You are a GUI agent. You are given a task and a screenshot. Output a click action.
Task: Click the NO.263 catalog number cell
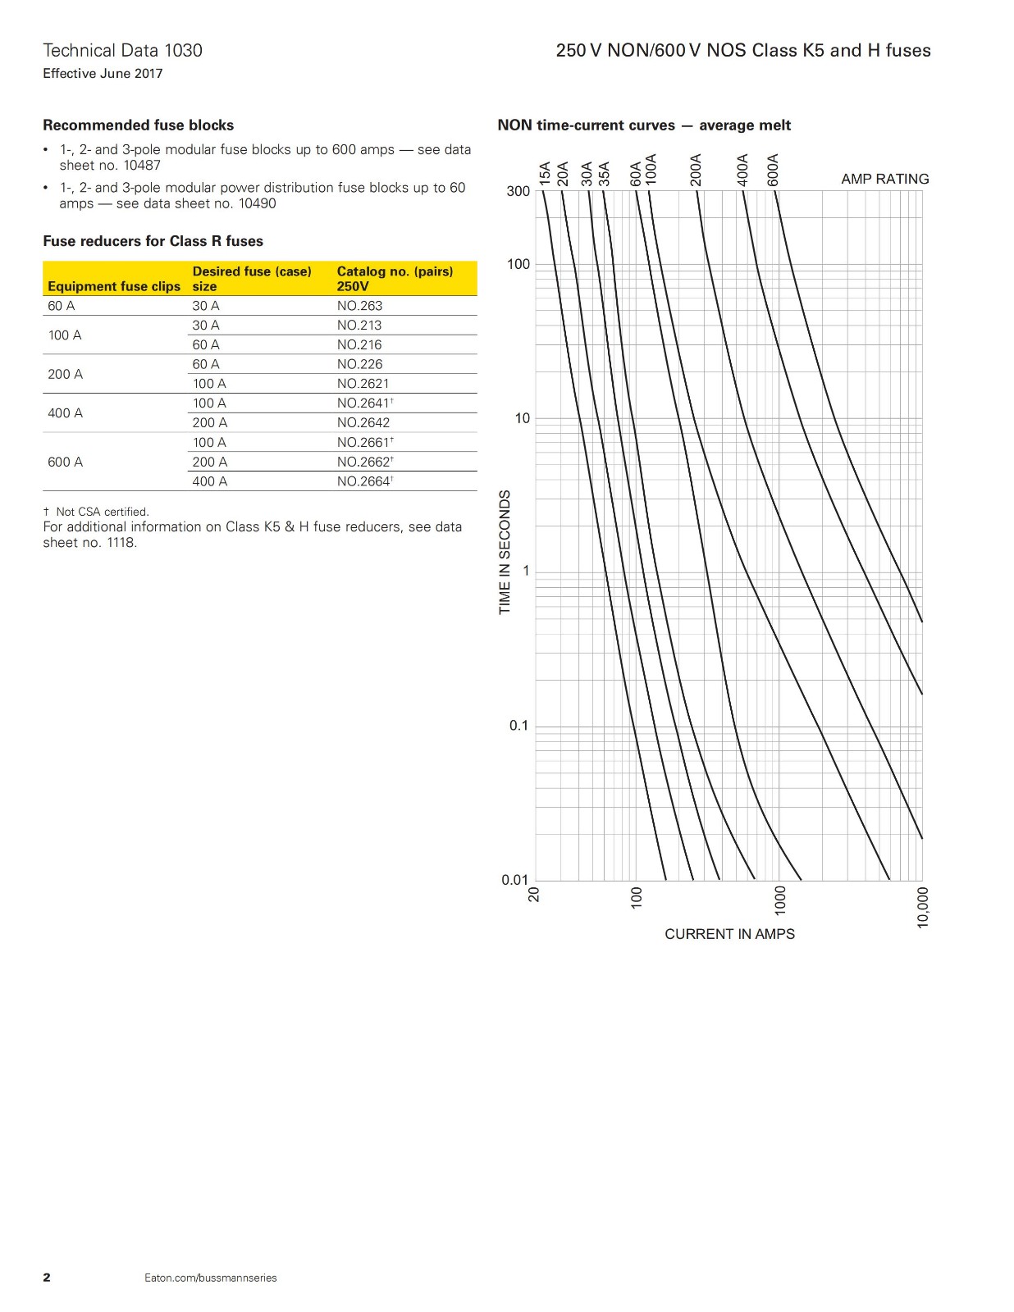click(359, 306)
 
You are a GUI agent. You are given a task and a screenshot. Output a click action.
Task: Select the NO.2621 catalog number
click(363, 384)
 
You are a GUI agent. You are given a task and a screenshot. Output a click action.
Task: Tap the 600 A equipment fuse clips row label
click(65, 462)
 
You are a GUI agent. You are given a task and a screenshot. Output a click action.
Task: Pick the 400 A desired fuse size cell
click(209, 481)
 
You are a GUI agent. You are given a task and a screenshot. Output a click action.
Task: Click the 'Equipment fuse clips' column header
click(114, 286)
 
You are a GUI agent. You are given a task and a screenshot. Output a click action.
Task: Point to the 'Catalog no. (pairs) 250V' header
click(395, 279)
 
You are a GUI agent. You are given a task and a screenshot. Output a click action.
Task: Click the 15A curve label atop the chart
click(545, 174)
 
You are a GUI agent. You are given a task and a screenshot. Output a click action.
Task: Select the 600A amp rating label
click(773, 170)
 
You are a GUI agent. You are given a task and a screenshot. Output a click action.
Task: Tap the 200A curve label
click(696, 170)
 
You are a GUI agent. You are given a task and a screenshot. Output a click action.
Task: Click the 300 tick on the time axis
click(518, 191)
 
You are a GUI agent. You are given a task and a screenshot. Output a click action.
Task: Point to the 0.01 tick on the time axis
click(515, 880)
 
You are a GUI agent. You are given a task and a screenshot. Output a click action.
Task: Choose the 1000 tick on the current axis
click(780, 900)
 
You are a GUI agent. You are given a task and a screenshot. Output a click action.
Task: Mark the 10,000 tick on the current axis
click(923, 907)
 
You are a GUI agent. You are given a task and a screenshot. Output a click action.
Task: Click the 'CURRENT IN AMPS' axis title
click(729, 934)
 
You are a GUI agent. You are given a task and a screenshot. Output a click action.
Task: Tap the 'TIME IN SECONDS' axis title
click(505, 552)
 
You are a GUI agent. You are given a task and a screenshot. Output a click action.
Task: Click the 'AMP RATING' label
click(884, 179)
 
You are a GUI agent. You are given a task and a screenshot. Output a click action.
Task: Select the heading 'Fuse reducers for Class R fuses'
click(153, 241)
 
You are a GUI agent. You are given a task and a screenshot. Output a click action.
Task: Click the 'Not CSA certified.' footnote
click(102, 512)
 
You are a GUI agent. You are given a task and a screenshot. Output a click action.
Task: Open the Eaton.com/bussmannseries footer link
click(211, 1278)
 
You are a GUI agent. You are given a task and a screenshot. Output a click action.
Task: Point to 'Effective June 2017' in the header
click(103, 74)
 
